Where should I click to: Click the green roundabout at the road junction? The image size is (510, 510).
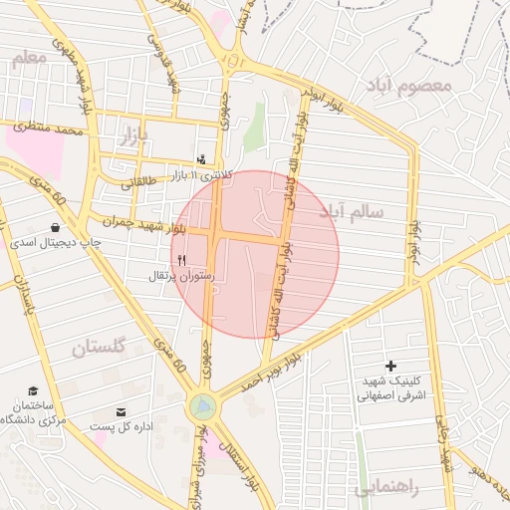pyautogui.click(x=203, y=405)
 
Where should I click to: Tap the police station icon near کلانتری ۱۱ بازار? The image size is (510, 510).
pyautogui.click(x=202, y=159)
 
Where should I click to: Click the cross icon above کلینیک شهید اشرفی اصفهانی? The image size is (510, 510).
pyautogui.click(x=390, y=367)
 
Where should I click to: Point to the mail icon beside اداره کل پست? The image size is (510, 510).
pyautogui.click(x=122, y=411)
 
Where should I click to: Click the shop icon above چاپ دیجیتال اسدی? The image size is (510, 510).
pyautogui.click(x=54, y=227)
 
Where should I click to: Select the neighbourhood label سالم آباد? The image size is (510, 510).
pyautogui.click(x=352, y=211)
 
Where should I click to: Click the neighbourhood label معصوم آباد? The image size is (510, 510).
pyautogui.click(x=408, y=84)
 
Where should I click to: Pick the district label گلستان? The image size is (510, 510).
pyautogui.click(x=99, y=348)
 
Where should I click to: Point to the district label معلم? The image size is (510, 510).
pyautogui.click(x=29, y=59)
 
